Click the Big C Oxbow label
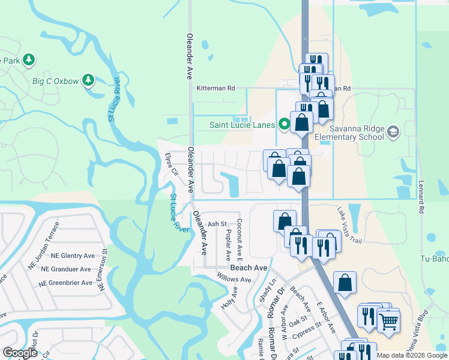pos(55,80)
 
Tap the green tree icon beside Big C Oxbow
pos(88,80)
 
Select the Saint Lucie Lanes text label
pos(242,125)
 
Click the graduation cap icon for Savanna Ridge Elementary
pos(393,131)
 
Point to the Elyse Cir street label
pos(172,165)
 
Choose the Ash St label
pos(215,224)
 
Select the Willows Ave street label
pos(234,279)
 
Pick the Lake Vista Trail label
pos(349,225)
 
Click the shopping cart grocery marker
pos(388,321)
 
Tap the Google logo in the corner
pos(20,353)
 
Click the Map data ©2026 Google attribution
pos(412,355)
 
